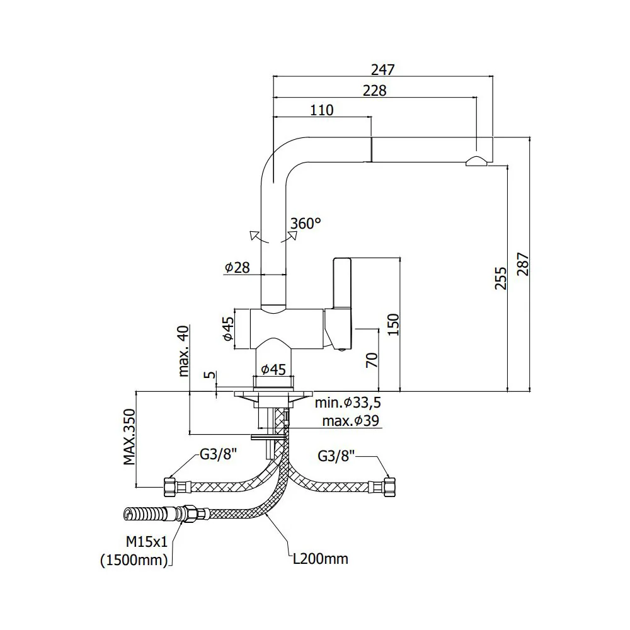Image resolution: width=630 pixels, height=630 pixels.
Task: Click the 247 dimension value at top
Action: coord(383,69)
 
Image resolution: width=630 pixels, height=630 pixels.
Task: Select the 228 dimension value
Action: coord(374,90)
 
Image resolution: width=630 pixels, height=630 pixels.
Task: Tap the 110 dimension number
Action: coord(322,110)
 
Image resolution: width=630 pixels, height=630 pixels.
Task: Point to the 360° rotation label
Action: coord(306,223)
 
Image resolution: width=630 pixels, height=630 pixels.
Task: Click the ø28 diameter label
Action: coord(237,267)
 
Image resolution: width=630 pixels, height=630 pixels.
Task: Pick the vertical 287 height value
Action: coord(523,264)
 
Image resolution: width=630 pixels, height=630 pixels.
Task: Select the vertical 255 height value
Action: coord(501,278)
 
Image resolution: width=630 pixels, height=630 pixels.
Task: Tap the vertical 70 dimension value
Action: coord(372,360)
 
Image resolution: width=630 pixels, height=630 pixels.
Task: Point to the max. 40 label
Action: coord(183,351)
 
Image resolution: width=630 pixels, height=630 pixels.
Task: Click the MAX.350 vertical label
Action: coord(129,437)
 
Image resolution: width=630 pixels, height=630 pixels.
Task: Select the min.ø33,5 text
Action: coord(348,402)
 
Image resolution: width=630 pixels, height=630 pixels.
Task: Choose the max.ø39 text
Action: coord(351,421)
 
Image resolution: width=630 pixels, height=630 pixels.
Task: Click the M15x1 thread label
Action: coord(146,542)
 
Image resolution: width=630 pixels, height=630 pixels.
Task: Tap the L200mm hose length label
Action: coord(320,559)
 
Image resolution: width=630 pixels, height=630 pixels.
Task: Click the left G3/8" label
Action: coord(218,454)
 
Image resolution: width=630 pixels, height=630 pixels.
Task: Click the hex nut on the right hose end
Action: coord(390,486)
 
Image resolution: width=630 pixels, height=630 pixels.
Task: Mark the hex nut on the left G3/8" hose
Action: coord(169,486)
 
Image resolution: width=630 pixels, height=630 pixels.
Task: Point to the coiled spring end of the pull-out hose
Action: coord(145,514)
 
